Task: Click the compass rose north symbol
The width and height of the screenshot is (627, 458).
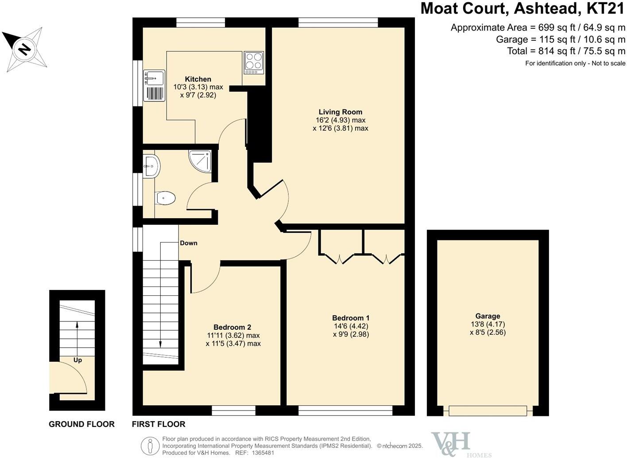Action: [x=25, y=49]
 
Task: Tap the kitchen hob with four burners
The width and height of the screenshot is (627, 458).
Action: [x=254, y=63]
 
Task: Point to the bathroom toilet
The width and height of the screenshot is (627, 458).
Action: [x=166, y=198]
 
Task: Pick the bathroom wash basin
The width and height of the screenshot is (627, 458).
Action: [x=151, y=167]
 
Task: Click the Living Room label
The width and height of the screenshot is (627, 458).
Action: [x=340, y=112]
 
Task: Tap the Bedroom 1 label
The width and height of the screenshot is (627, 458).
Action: [x=351, y=318]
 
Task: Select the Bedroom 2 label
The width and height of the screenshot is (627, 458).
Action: [x=232, y=327]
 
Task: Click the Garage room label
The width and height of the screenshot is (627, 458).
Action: [x=488, y=316]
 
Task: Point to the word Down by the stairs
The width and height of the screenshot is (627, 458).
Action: [x=189, y=243]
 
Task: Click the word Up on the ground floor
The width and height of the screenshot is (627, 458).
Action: [x=77, y=360]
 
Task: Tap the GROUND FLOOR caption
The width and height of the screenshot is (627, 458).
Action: [x=81, y=424]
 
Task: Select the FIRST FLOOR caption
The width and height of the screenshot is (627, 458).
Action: [x=159, y=424]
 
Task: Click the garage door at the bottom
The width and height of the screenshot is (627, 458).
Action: [x=488, y=411]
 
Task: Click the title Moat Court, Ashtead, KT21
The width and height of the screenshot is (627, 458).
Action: [x=522, y=9]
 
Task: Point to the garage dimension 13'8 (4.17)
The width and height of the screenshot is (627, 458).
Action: [x=488, y=324]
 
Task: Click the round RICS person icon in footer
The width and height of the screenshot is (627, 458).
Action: [x=150, y=446]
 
